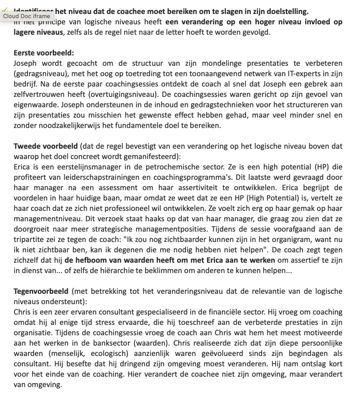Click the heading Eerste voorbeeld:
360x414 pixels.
pyautogui.click(x=44, y=53)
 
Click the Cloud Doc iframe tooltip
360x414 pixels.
pyautogui.click(x=26, y=16)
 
